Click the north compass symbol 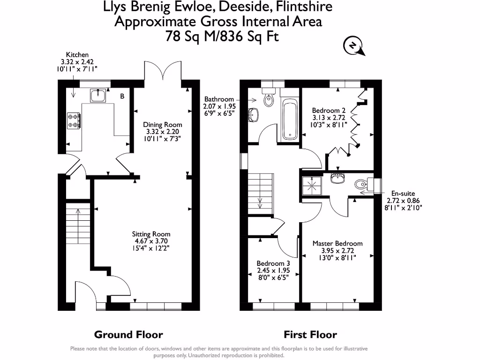pyautogui.click(x=354, y=46)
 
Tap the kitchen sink pyautogui.click(x=98, y=96)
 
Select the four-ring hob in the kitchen pyautogui.click(x=74, y=120)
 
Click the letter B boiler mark pyautogui.click(x=122, y=96)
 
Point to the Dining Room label pyautogui.click(x=163, y=132)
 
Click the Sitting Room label pyautogui.click(x=151, y=241)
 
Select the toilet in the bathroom pyautogui.click(x=269, y=97)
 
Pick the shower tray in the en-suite pyautogui.click(x=312, y=186)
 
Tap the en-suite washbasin pyautogui.click(x=337, y=178)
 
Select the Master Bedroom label pyautogui.click(x=337, y=250)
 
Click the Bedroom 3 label pyautogui.click(x=273, y=270)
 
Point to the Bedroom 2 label pyautogui.click(x=329, y=118)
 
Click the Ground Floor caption pyautogui.click(x=128, y=335)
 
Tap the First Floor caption pyautogui.click(x=310, y=335)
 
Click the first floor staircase pyautogui.click(x=260, y=194)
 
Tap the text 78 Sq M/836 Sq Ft pyautogui.click(x=222, y=37)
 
